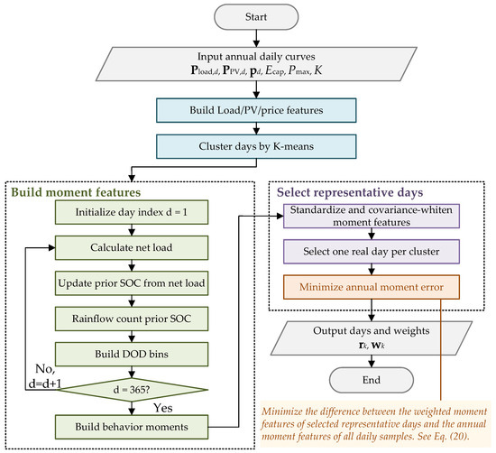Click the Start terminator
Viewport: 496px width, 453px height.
[256, 17]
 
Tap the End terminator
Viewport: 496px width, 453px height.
[372, 380]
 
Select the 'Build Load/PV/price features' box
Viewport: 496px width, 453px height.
[256, 110]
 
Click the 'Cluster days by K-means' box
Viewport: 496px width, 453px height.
[256, 146]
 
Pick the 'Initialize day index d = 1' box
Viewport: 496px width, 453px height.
[132, 212]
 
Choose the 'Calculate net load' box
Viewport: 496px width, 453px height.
[132, 247]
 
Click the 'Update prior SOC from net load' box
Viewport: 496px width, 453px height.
[132, 283]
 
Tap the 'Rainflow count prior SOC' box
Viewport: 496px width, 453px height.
[132, 319]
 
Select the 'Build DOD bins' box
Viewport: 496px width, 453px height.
[132, 354]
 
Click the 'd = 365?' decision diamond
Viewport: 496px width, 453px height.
[132, 390]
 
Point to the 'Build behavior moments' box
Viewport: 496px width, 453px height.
[132, 427]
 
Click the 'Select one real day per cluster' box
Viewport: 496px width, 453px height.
[372, 252]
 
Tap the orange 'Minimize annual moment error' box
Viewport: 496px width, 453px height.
[372, 287]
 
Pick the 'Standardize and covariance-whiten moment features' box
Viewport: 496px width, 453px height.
[372, 216]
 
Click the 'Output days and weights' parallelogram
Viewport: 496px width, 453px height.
[372, 338]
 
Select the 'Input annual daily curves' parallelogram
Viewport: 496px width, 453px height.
[256, 64]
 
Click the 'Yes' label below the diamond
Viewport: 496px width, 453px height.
[163, 408]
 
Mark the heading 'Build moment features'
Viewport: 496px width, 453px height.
[76, 192]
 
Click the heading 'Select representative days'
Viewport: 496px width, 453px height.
[350, 192]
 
